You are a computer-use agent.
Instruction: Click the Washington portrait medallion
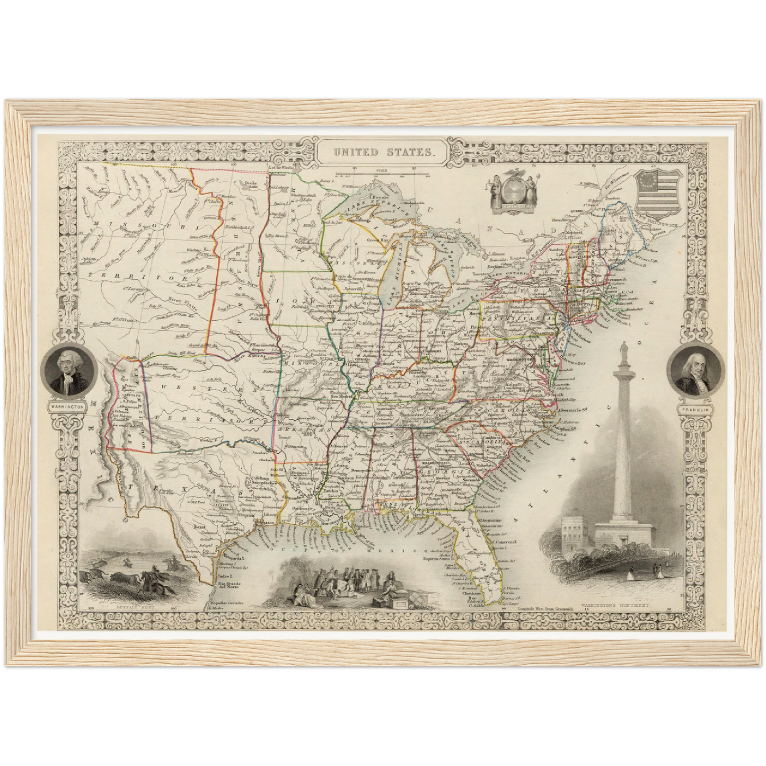(x=69, y=373)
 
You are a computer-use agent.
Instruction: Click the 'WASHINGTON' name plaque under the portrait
(x=68, y=406)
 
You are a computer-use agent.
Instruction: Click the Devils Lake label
(x=245, y=184)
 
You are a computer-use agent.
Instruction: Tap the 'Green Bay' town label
(x=380, y=240)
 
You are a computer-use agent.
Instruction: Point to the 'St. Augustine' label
(x=491, y=521)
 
